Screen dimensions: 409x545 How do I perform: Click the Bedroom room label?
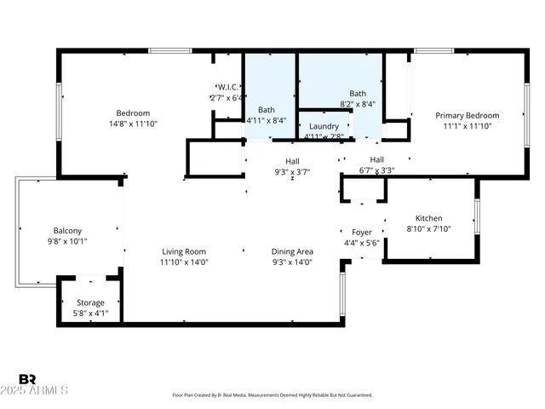133,113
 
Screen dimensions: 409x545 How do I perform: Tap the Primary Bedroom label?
467,115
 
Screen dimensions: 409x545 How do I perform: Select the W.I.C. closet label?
227,87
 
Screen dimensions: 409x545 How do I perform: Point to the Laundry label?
324,126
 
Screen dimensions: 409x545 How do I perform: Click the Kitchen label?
428,218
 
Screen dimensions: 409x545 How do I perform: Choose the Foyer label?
362,232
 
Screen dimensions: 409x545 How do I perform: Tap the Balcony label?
68,231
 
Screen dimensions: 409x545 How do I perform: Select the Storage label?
90,302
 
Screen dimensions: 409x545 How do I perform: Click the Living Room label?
185,251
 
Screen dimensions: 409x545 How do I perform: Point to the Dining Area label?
292,251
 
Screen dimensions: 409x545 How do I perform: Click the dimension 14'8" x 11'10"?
133,124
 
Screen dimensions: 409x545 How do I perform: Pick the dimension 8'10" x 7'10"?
428,228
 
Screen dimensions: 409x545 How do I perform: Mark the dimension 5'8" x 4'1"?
90,313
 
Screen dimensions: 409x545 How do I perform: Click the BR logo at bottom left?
27,378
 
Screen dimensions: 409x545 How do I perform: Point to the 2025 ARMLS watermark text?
43,390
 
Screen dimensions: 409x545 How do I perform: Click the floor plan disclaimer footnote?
272,395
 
